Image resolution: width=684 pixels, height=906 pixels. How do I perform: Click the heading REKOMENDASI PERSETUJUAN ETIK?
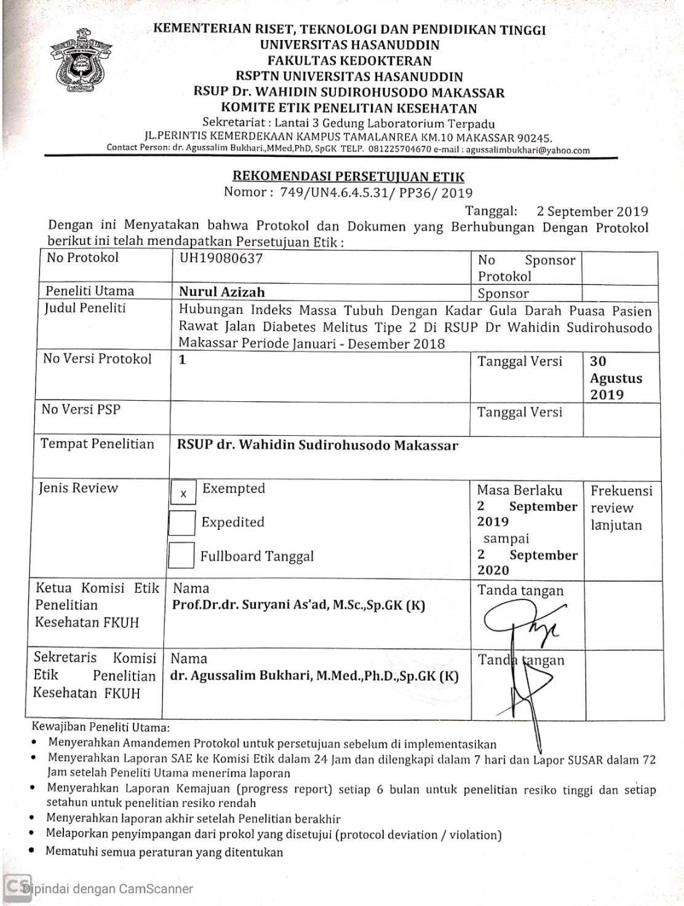coord(344,177)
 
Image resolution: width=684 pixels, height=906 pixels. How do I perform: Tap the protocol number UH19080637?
coord(221,259)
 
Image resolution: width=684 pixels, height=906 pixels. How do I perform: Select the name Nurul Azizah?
coord(221,292)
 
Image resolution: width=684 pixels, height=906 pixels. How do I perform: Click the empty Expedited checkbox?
coord(182,523)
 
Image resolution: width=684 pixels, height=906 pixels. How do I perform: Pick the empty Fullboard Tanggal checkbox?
coord(181,556)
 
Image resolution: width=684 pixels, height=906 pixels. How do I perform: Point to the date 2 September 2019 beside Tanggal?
coord(592,212)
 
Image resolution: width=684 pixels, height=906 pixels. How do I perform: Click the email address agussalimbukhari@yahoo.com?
coord(527,150)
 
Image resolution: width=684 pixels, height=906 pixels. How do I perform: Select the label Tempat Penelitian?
coord(97,444)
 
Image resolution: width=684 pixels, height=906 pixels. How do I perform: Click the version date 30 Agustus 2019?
coord(616,378)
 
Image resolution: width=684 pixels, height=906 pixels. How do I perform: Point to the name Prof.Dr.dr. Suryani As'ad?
coord(298,605)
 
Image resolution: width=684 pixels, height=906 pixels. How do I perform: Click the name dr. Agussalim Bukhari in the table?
coord(314,676)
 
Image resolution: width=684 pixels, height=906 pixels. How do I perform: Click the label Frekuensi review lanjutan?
coord(621,508)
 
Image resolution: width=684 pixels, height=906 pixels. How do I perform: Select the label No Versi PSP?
coord(81,409)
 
